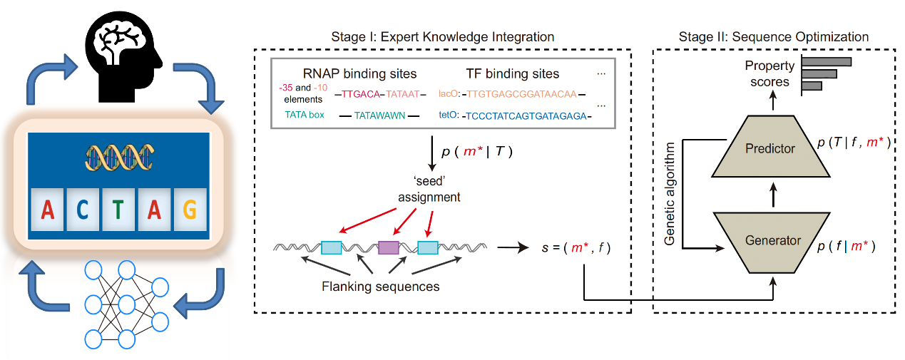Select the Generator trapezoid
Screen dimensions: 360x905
click(x=772, y=240)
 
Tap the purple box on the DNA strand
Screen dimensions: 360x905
click(x=388, y=248)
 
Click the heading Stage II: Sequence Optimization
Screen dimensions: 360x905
click(x=775, y=36)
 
